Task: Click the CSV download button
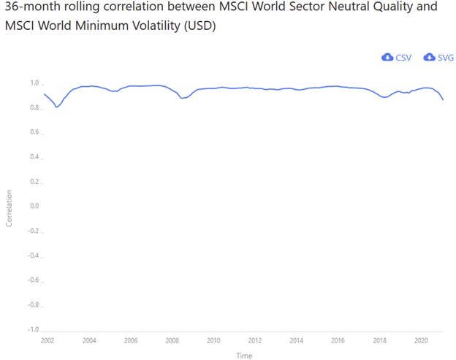click(x=397, y=58)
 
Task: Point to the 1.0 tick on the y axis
click(x=34, y=83)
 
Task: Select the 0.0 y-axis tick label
click(x=34, y=206)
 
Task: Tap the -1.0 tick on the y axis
click(x=33, y=329)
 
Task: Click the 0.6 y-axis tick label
click(x=34, y=132)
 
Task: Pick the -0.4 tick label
click(x=33, y=256)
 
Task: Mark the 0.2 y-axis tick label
click(x=34, y=182)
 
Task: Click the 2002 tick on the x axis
click(x=47, y=340)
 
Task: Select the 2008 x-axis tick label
click(x=172, y=340)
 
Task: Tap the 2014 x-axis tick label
click(x=297, y=340)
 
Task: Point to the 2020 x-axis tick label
click(x=421, y=340)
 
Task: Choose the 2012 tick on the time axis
click(x=255, y=340)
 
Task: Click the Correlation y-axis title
click(x=9, y=208)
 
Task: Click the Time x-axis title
click(x=244, y=355)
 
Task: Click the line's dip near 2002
click(x=57, y=107)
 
